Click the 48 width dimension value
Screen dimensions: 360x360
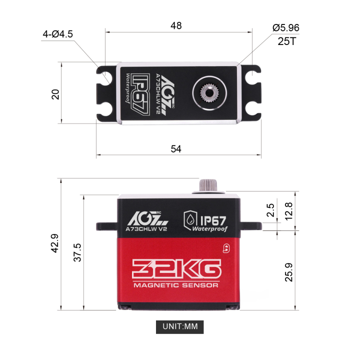click(176, 25)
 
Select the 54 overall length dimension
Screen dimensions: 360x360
click(176, 148)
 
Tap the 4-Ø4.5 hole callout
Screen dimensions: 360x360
click(57, 34)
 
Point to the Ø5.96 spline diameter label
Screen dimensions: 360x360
click(286, 28)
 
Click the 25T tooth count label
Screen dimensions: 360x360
click(287, 41)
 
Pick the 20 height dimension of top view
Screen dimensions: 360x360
click(55, 93)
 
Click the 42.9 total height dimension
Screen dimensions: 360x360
click(54, 244)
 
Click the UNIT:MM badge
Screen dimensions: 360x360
click(180, 327)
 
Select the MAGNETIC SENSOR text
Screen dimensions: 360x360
click(175, 285)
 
